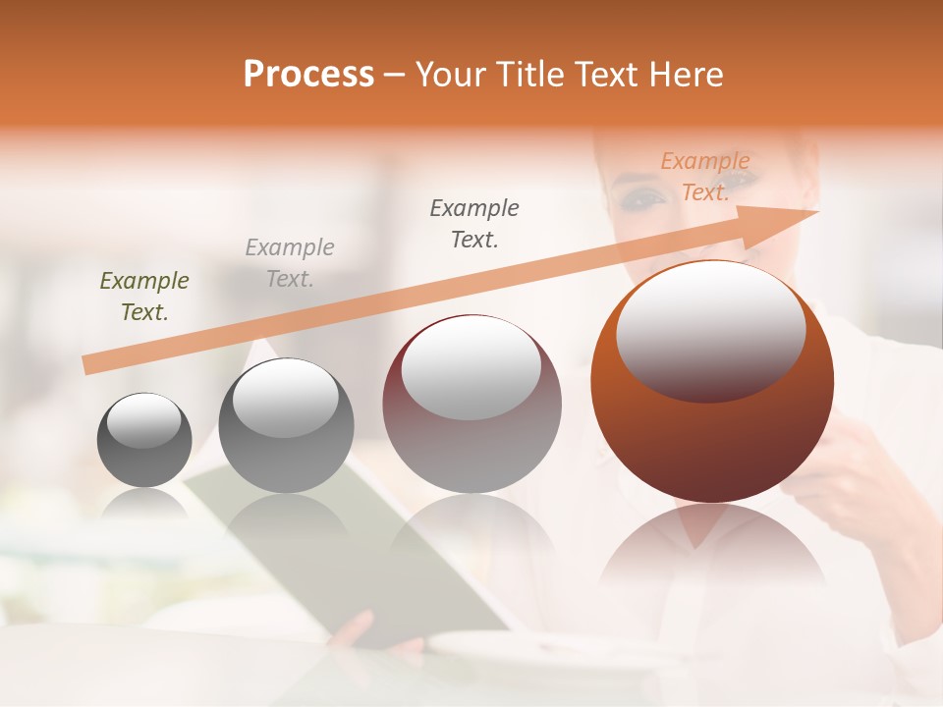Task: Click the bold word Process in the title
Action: pyautogui.click(x=308, y=75)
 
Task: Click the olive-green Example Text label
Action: pyautogui.click(x=144, y=297)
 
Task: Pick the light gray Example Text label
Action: pyautogui.click(x=290, y=263)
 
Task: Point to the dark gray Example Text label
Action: pyautogui.click(x=474, y=224)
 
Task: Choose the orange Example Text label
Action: pyautogui.click(x=705, y=177)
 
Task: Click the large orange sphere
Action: pyautogui.click(x=712, y=432)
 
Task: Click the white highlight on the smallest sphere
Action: pyautogui.click(x=143, y=421)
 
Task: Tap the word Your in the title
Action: pyautogui.click(x=452, y=75)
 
